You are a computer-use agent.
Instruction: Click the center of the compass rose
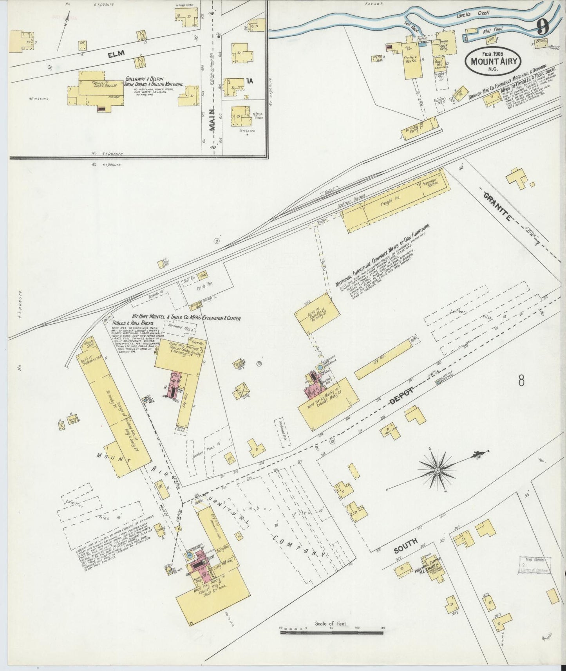tap(437, 469)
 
